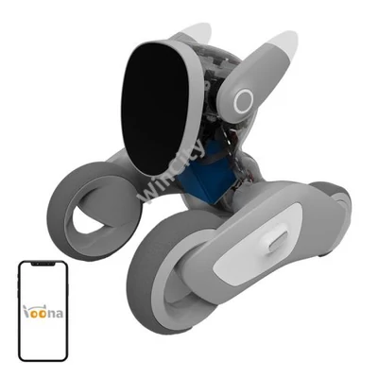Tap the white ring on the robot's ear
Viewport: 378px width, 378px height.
tap(245, 100)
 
